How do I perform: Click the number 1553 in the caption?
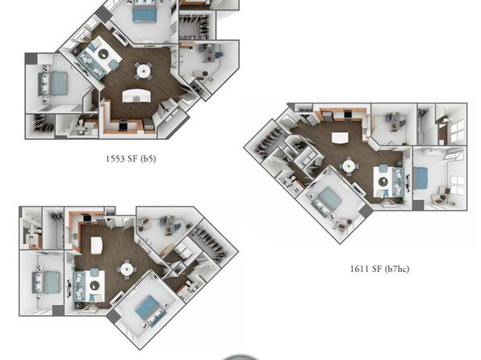pyautogui.click(x=115, y=159)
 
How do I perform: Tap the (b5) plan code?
pyautogui.click(x=148, y=159)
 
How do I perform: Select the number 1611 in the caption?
pyautogui.click(x=359, y=269)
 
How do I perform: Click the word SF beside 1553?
pyautogui.click(x=132, y=159)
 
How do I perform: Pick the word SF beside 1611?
pyautogui.click(x=376, y=269)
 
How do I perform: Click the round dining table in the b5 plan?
pyautogui.click(x=144, y=71)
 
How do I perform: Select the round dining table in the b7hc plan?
pyautogui.click(x=349, y=166)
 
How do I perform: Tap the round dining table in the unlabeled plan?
pyautogui.click(x=127, y=270)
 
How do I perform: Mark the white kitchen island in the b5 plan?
pyautogui.click(x=137, y=95)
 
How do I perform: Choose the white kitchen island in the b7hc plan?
pyautogui.click(x=341, y=137)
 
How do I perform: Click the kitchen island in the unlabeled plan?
pyautogui.click(x=96, y=245)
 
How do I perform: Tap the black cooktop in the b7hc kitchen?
pyautogui.click(x=348, y=114)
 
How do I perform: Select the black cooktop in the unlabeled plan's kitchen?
pyautogui.click(x=87, y=218)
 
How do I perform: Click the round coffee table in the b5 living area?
pyautogui.click(x=103, y=54)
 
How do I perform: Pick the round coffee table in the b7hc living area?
pyautogui.click(x=383, y=182)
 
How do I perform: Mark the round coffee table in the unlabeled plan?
pyautogui.click(x=94, y=286)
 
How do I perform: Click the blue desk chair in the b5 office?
pyautogui.click(x=218, y=55)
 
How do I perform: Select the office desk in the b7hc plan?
pyautogui.click(x=394, y=120)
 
